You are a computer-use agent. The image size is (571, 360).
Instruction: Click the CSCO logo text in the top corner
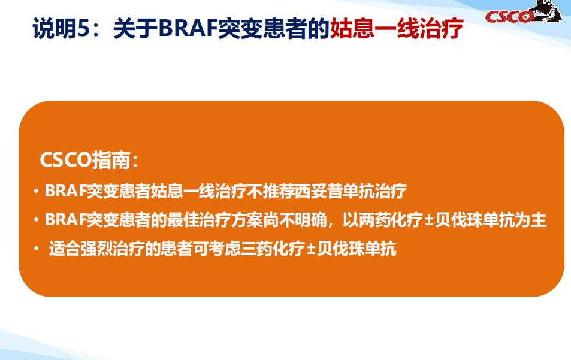click(x=509, y=16)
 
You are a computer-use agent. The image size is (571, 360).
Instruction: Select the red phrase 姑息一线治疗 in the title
click(x=397, y=28)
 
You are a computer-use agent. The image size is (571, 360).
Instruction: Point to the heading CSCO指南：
click(x=89, y=161)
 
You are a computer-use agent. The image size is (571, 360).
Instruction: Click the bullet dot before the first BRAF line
click(x=37, y=192)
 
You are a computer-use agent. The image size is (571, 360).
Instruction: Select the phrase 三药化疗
click(x=277, y=248)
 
